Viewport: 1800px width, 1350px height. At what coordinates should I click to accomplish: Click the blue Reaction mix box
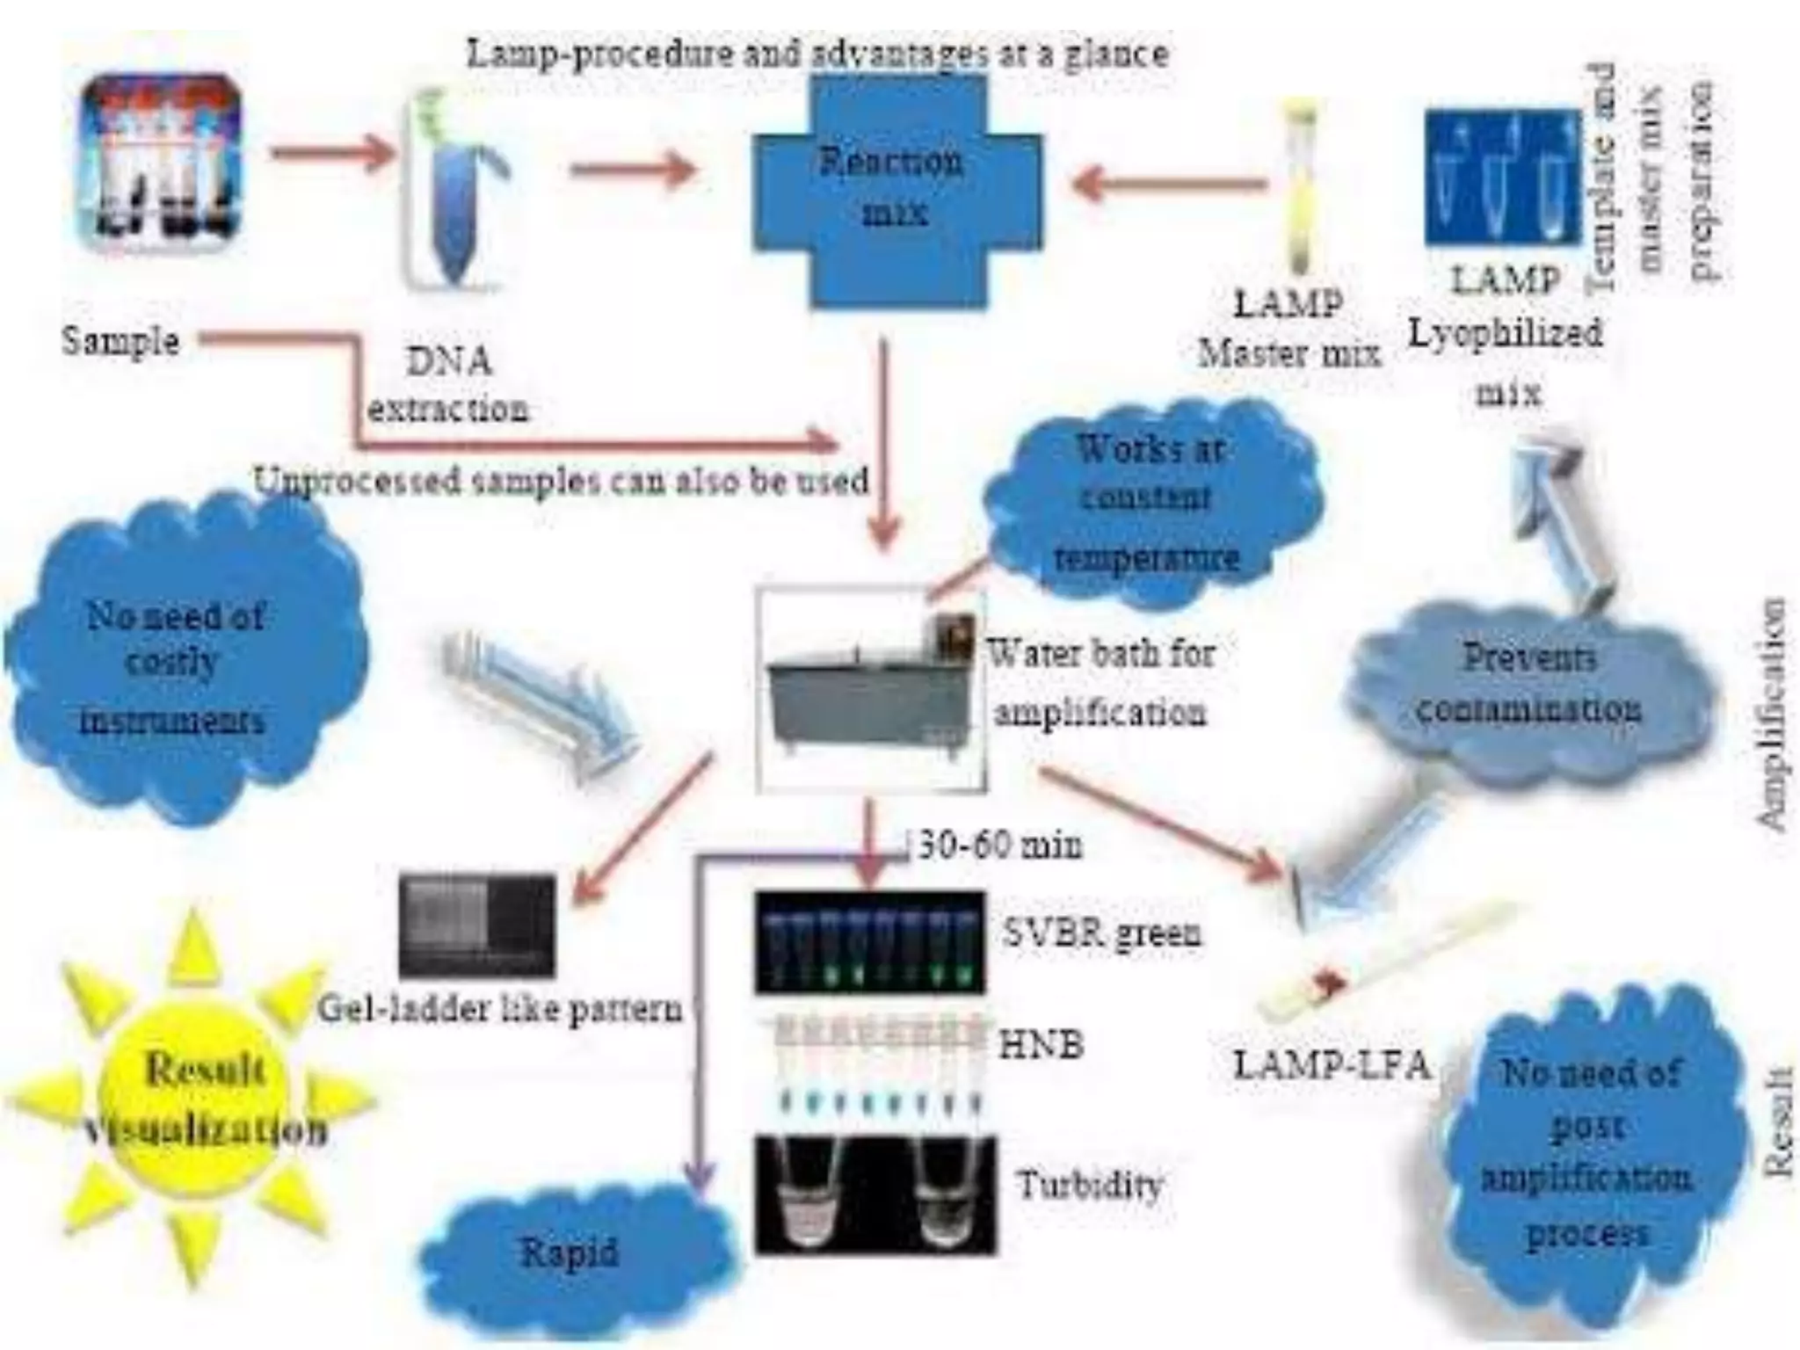pos(896,189)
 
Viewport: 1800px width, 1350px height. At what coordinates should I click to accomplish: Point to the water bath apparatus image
pos(870,690)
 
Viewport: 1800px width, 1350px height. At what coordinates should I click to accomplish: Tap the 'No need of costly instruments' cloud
pos(180,668)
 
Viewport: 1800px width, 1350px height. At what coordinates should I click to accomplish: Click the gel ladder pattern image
pos(477,925)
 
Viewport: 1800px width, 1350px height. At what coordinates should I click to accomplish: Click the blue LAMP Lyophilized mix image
pos(1503,176)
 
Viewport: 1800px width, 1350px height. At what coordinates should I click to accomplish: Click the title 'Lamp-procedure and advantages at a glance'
pos(817,54)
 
